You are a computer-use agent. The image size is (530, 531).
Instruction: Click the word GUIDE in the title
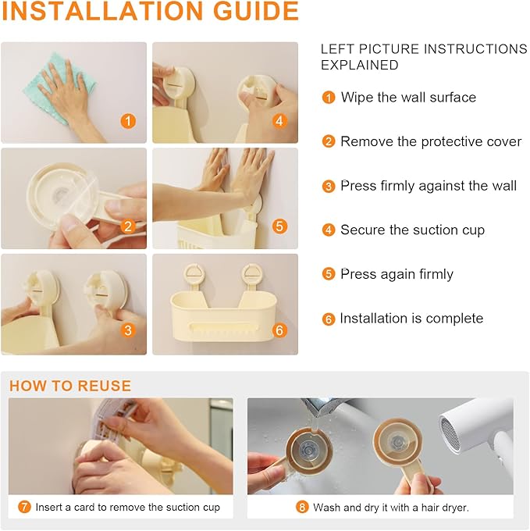point(255,11)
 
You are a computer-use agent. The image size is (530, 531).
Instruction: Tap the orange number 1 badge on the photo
point(128,121)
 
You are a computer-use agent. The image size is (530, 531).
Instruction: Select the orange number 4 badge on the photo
point(279,121)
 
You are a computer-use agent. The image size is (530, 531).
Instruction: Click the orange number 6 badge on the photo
point(279,330)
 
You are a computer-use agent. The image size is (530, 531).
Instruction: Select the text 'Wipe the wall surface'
point(408,98)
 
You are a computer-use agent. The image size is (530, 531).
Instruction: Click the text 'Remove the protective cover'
point(431,141)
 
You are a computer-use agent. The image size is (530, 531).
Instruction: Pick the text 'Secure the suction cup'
point(413,230)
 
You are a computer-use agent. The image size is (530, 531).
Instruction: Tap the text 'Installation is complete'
point(411,319)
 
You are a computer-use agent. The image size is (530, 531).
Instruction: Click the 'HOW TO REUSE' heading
point(70,386)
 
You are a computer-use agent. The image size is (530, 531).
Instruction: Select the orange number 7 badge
point(24,507)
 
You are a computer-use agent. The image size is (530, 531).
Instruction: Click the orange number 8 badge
point(302,507)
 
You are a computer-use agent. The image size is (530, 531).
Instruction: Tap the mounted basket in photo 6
point(223,316)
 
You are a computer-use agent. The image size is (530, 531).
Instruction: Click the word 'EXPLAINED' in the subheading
point(360,65)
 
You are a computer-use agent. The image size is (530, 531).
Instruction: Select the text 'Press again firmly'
point(397,274)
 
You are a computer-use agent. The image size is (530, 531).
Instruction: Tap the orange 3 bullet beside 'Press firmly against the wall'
point(329,186)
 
